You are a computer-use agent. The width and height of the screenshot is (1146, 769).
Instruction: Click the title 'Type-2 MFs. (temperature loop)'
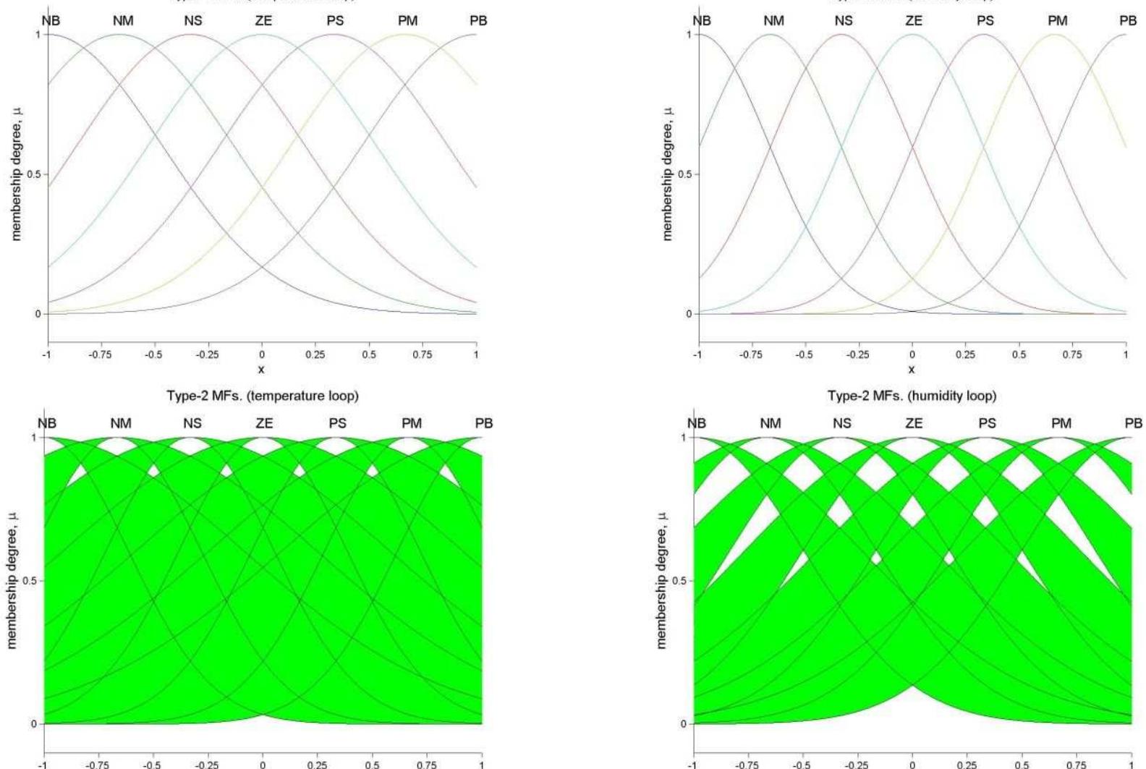coord(263,396)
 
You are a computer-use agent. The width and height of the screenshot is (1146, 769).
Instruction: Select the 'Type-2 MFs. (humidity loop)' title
coord(912,396)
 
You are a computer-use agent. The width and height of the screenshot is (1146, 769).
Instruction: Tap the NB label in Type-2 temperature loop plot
coord(47,423)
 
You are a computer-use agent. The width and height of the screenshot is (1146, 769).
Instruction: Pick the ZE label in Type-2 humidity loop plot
coord(914,423)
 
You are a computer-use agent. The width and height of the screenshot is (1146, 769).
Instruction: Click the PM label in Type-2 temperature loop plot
coord(411,423)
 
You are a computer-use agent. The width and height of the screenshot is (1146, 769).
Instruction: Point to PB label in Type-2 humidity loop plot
coord(1133,423)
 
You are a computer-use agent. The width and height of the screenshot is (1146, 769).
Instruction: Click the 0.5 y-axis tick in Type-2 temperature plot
coord(32,581)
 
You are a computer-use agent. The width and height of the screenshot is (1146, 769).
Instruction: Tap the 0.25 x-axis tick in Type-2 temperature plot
coord(317,762)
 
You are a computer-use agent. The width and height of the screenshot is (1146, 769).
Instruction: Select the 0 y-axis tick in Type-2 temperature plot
coord(34,723)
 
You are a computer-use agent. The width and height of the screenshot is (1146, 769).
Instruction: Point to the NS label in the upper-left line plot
coord(192,21)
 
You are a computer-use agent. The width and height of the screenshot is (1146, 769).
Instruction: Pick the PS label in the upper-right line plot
coord(985,21)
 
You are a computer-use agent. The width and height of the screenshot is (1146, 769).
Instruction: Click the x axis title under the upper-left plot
coord(262,370)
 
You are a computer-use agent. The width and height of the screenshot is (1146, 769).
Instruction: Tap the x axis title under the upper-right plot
coord(912,370)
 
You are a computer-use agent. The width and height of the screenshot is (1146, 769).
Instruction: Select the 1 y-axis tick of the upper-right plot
coord(689,35)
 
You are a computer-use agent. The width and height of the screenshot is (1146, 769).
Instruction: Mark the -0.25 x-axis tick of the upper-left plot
coord(208,354)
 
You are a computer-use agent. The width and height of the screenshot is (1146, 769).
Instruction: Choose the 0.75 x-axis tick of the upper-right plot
coord(1072,354)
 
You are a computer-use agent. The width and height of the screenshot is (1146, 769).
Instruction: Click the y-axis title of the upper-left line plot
coord(17,174)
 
